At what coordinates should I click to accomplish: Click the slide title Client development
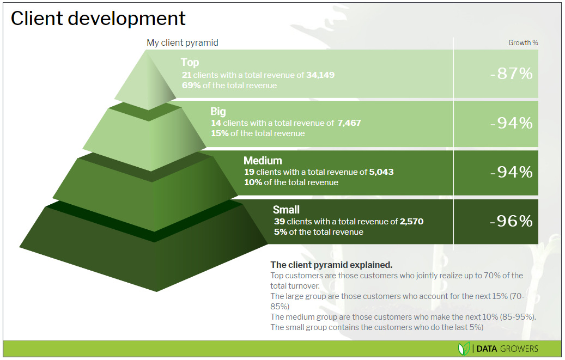[98, 19]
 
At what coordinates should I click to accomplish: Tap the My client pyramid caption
[183, 43]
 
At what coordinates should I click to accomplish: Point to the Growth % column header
[523, 43]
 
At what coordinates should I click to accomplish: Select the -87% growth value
[511, 74]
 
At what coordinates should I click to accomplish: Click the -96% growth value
[511, 221]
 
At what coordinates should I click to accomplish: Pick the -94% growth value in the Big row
[511, 123]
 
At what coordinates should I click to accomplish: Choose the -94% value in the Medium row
[511, 172]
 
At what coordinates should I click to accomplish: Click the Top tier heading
[190, 62]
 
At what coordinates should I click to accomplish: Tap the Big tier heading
[218, 111]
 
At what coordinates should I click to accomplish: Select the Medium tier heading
[263, 161]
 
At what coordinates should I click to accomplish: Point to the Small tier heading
[286, 210]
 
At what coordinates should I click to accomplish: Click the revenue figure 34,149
[320, 75]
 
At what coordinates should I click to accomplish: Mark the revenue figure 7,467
[349, 123]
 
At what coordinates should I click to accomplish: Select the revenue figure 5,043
[381, 172]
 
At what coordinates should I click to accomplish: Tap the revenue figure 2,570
[411, 221]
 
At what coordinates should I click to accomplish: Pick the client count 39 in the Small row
[280, 221]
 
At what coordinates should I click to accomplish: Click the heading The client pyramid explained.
[331, 265]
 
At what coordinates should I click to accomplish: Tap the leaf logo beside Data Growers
[464, 349]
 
